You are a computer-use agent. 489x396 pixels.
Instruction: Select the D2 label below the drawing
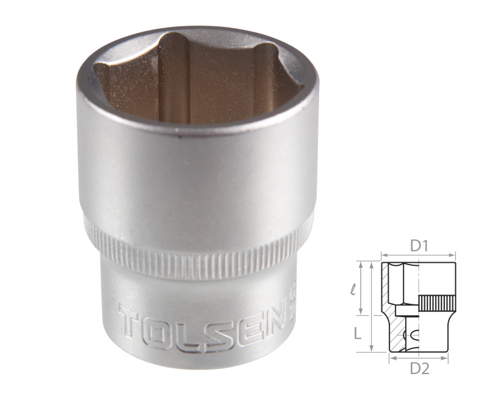point(419,368)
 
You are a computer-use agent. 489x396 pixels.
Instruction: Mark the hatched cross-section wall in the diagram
point(386,287)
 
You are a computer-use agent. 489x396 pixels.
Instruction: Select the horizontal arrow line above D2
point(419,358)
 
